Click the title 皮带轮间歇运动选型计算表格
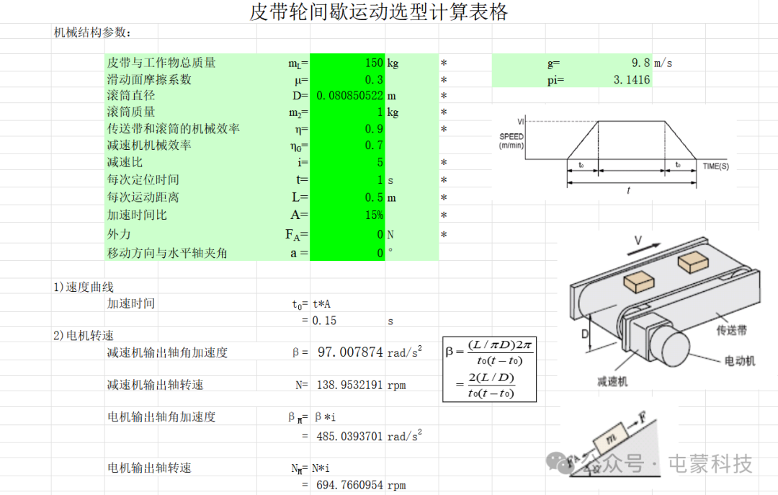pos(379,12)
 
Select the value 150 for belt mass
pos(374,63)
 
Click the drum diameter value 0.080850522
pos(350,95)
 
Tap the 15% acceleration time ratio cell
pos(374,215)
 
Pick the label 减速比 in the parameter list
pos(125,162)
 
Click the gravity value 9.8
pos(640,63)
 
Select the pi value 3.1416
pos(632,79)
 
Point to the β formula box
pos(489,370)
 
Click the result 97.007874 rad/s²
pos(370,352)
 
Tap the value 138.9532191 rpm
pos(361,385)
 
